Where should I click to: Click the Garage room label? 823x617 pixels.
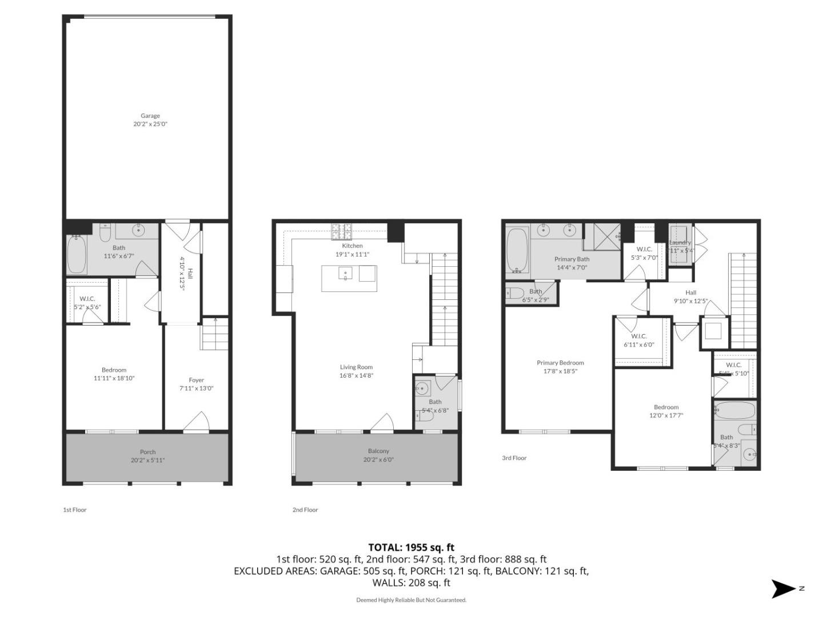click(x=150, y=116)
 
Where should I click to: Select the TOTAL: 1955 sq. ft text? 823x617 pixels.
click(x=411, y=547)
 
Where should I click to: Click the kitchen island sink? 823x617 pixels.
click(x=345, y=274)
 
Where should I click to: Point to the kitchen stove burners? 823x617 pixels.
click(x=341, y=231)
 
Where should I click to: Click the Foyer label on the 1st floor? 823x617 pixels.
click(x=196, y=380)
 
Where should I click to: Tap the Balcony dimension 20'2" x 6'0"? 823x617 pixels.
click(x=378, y=459)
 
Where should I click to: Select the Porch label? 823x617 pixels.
click(x=147, y=452)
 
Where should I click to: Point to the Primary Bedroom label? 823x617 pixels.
click(x=560, y=363)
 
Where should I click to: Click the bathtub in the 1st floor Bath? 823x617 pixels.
click(x=77, y=255)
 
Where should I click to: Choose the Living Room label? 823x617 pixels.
click(x=356, y=367)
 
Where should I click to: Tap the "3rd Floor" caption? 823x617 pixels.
click(x=514, y=458)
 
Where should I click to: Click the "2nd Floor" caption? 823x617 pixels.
click(x=305, y=510)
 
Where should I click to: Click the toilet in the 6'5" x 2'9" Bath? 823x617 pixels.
click(x=514, y=294)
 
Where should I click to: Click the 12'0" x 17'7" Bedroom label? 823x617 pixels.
click(x=666, y=407)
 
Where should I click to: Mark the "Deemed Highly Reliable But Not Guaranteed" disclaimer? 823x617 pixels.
click(x=411, y=600)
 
